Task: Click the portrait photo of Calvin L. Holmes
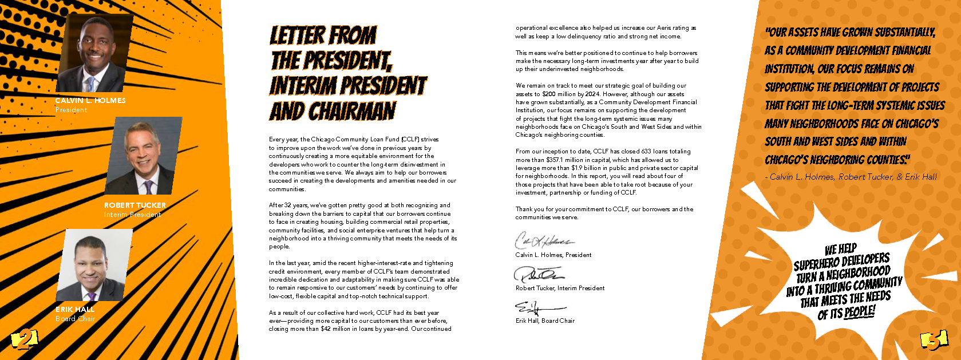coord(94,53)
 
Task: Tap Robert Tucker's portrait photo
coord(144,156)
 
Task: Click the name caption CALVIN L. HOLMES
coord(90,101)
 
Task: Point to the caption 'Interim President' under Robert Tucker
coord(132,215)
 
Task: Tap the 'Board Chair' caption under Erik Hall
coord(75,319)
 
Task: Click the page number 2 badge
coord(24,339)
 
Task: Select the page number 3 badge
coord(934,341)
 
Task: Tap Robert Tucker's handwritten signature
coord(538,274)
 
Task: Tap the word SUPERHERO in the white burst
coord(813,265)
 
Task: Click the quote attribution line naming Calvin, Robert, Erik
coord(851,177)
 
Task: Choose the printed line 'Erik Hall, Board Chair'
coord(545,321)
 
